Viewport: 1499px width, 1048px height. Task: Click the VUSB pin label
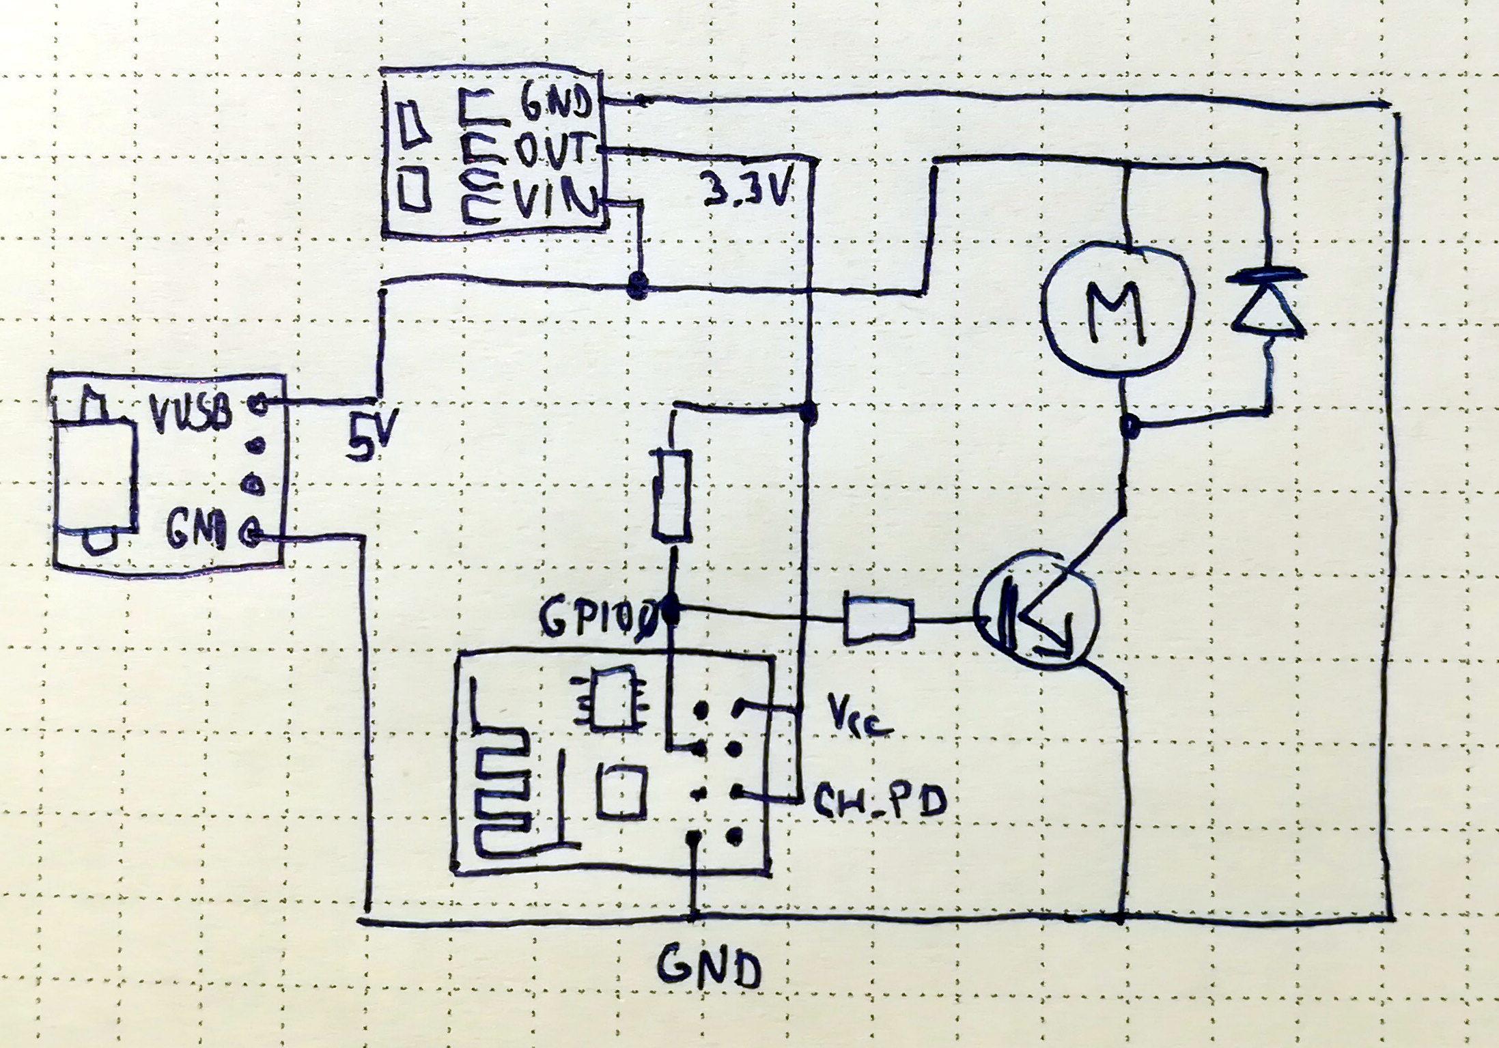(191, 412)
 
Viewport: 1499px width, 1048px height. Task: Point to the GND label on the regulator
(555, 105)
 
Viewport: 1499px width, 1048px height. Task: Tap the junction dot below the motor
(1130, 426)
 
